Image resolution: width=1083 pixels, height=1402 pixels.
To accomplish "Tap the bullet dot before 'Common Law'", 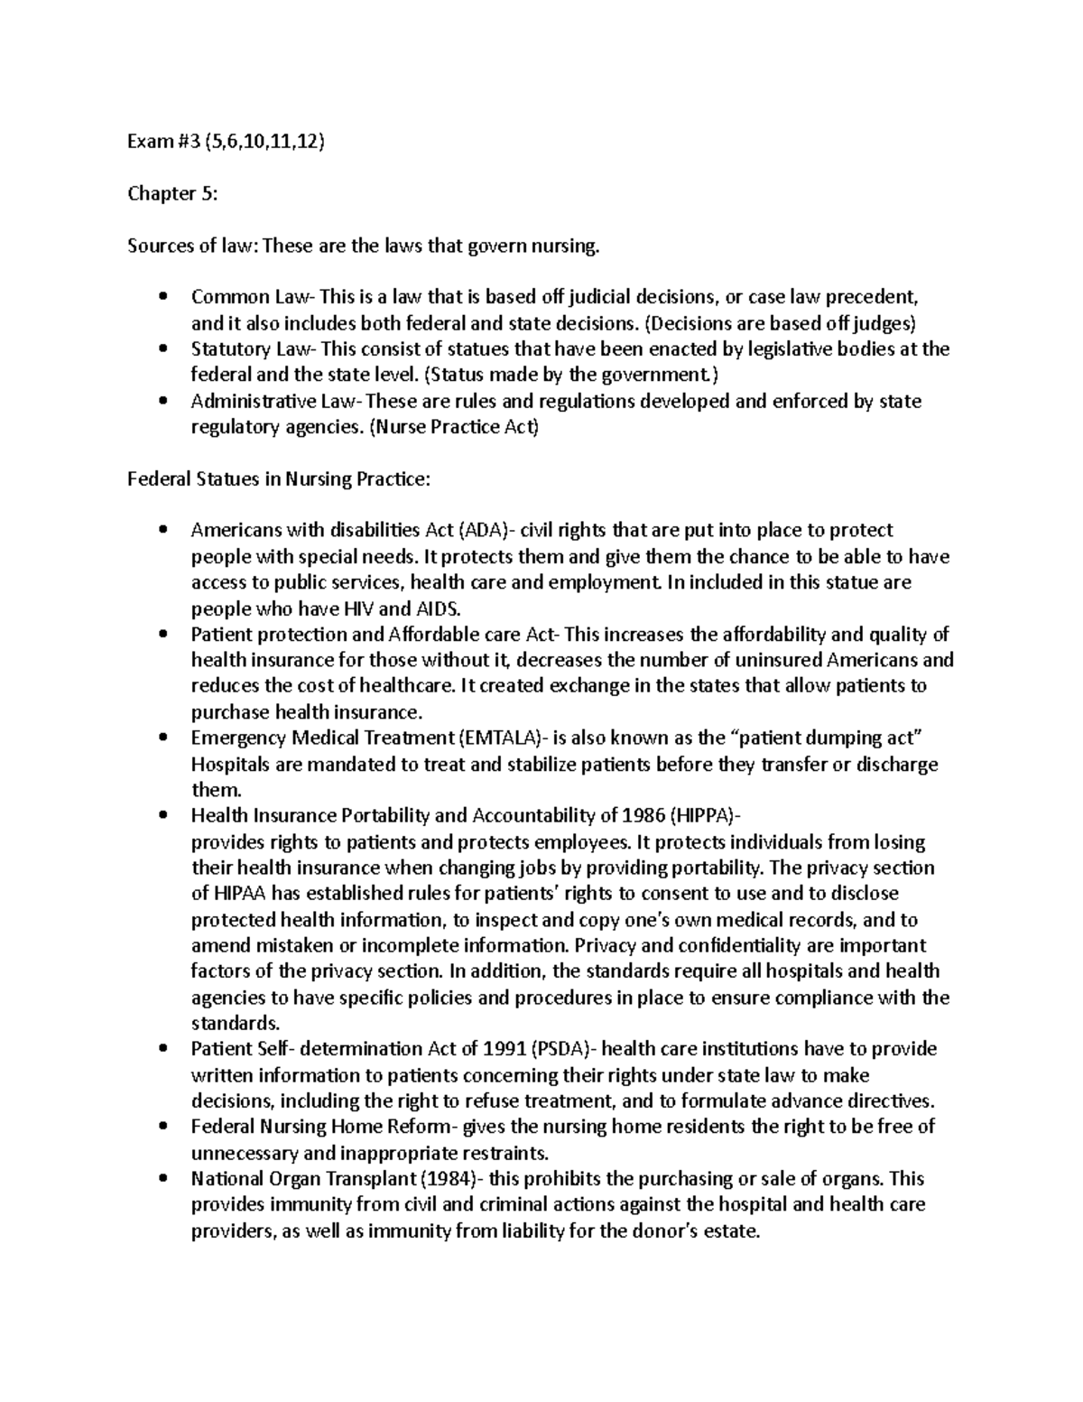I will coord(162,297).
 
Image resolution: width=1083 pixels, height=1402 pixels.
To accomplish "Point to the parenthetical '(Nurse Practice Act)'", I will coord(454,427).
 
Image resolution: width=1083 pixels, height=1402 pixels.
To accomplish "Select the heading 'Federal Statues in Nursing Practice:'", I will coord(279,479).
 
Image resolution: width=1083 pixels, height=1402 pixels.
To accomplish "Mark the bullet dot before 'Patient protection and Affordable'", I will coord(162,635).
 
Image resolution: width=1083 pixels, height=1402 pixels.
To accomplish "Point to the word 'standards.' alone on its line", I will coord(236,1024).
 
